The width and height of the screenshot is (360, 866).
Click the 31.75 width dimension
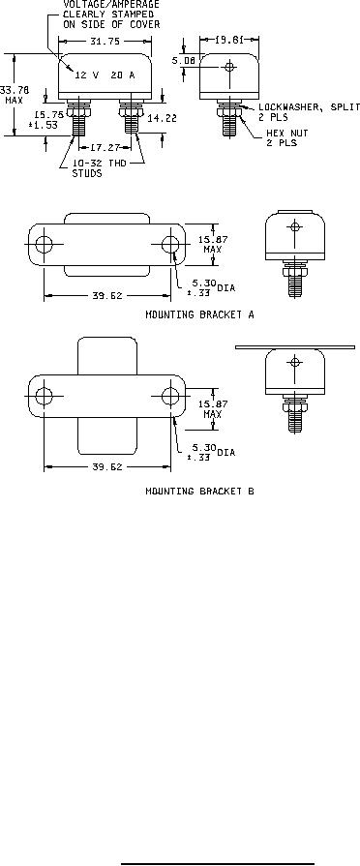[x=105, y=42]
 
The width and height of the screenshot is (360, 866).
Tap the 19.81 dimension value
[x=228, y=40]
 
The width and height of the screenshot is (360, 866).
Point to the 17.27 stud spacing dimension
[x=105, y=147]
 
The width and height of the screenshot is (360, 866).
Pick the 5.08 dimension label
[x=183, y=62]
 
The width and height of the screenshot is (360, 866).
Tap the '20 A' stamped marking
[x=123, y=75]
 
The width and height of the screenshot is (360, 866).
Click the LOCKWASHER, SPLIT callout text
[x=310, y=112]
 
